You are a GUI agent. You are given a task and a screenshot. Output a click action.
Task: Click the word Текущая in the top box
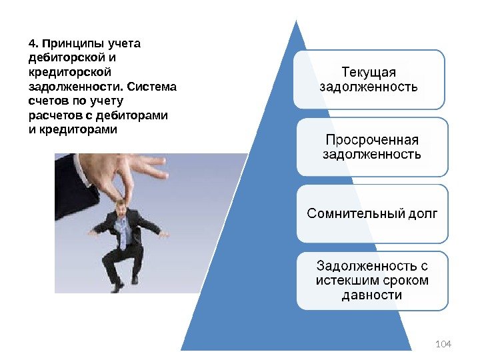click(369, 71)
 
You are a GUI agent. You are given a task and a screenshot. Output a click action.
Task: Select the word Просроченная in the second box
click(371, 140)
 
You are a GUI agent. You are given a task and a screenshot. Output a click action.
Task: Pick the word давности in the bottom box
click(371, 295)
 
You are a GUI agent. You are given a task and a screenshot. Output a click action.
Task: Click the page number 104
click(443, 344)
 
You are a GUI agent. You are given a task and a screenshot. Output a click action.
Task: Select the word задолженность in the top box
click(369, 87)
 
